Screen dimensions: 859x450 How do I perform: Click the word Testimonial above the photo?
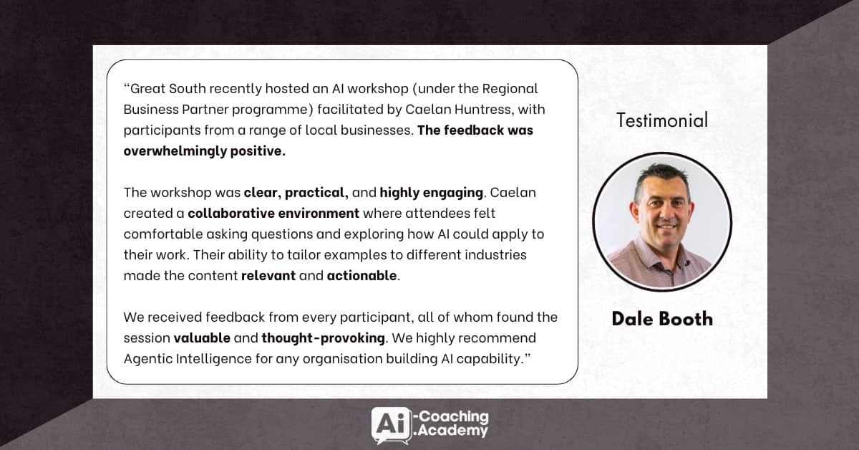point(662,120)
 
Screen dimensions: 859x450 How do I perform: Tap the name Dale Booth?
point(662,319)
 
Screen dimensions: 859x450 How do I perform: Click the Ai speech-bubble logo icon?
point(391,426)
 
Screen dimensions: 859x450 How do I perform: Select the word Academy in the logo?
point(452,431)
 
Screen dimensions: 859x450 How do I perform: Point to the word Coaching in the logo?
point(454,416)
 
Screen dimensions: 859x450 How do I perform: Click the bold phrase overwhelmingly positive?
point(205,151)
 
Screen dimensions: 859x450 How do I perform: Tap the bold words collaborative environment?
point(273,213)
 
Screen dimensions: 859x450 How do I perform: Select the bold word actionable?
point(361,275)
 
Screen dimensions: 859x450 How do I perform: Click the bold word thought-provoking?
point(324,338)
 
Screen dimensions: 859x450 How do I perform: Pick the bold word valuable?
point(202,338)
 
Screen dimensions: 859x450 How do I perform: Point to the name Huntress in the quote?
point(482,110)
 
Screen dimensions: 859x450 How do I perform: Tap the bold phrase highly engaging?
point(432,192)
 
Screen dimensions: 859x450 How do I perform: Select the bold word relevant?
point(268,275)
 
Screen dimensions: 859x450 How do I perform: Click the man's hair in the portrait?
point(660,178)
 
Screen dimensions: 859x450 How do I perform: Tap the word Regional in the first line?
point(510,89)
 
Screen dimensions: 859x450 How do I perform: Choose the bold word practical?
point(316,192)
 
